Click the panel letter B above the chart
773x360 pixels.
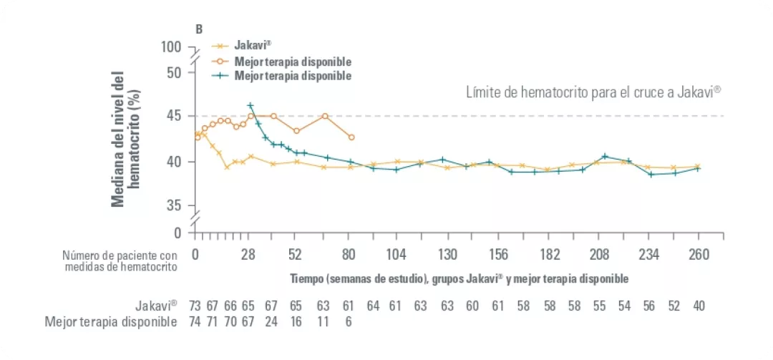[x=199, y=29]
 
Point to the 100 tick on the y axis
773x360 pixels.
[x=172, y=47]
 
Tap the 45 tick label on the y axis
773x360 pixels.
[x=175, y=116]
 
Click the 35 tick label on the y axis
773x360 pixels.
[x=175, y=206]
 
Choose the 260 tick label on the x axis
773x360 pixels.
[x=699, y=255]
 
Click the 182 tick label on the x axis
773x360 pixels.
[x=550, y=255]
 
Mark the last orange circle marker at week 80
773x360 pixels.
[x=351, y=137]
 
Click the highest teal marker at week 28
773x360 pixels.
[x=250, y=106]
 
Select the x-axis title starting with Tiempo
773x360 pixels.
[x=459, y=278]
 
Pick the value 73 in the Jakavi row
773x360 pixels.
[x=195, y=306]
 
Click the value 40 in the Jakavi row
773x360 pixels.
[x=699, y=306]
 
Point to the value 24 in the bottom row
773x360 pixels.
[x=271, y=322]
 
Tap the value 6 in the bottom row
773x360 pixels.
[x=349, y=322]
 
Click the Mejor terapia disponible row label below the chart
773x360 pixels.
[x=111, y=322]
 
